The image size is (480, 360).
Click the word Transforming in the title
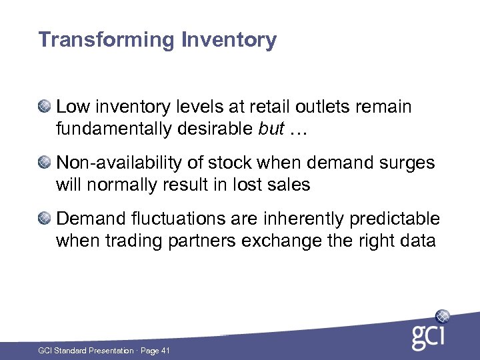point(106,41)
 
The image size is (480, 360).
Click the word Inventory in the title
point(228,41)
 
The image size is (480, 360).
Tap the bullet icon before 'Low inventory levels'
point(45,106)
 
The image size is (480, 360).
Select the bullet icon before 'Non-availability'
point(45,162)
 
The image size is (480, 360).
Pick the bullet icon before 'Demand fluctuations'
point(45,219)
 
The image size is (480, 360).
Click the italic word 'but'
point(270,129)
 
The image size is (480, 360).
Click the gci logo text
point(427,337)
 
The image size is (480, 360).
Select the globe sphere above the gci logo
point(442,317)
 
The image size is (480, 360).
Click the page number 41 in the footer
point(165,350)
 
